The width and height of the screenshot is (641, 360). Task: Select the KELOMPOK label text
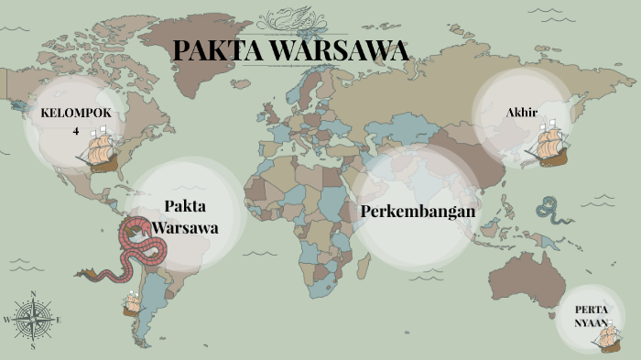76,113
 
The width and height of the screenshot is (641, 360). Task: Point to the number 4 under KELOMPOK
76,131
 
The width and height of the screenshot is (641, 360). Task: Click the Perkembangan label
418,212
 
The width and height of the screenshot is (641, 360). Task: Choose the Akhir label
521,113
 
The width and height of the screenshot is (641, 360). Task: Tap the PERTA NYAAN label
592,315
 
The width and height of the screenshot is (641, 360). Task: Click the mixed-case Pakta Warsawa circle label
185,216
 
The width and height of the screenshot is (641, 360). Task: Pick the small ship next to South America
134,301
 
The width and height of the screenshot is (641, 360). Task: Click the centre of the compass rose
33,320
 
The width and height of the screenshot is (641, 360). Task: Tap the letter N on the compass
33,295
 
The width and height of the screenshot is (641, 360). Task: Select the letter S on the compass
33,346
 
